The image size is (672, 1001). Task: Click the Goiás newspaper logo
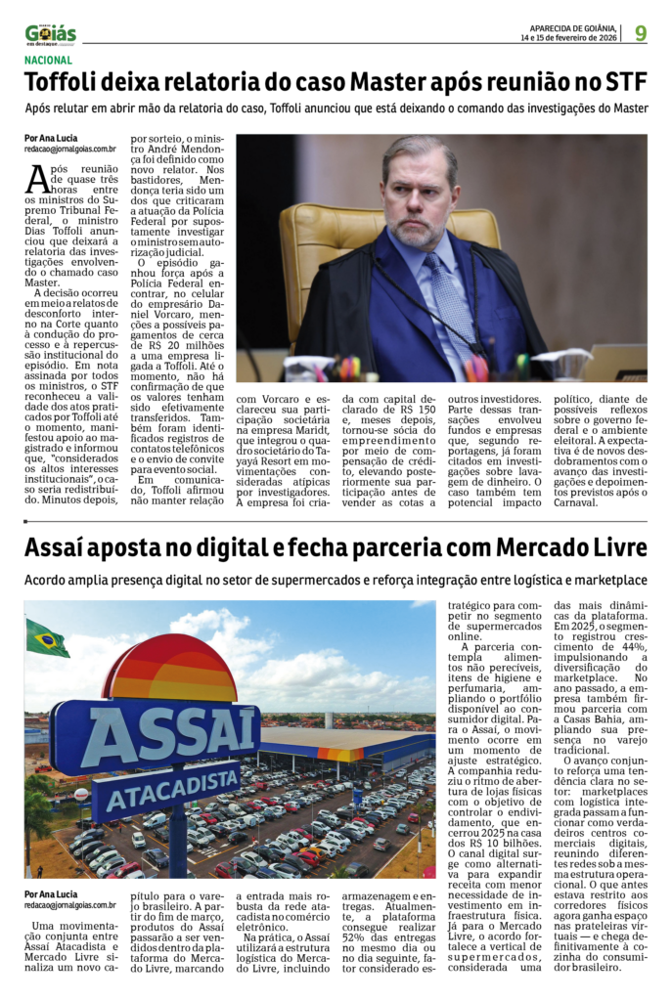[50, 34]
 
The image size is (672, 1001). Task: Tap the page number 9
[641, 33]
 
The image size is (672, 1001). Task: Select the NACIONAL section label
[48, 61]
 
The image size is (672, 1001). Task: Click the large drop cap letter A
[36, 179]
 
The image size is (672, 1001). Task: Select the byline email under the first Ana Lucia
[70, 150]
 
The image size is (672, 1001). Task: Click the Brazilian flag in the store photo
[46, 639]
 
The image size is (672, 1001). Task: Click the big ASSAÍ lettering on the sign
[157, 732]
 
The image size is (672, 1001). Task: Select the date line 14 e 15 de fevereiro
[573, 39]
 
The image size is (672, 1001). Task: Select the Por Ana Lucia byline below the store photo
[51, 894]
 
